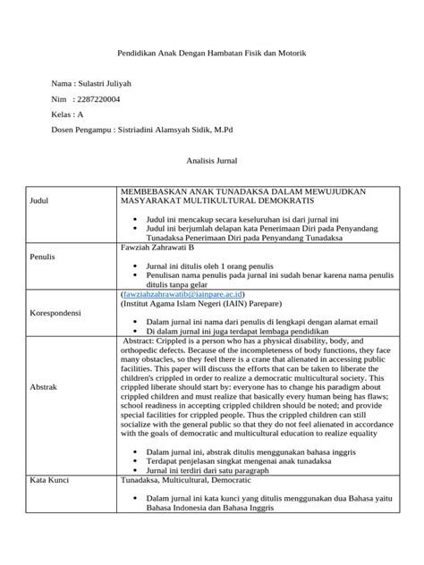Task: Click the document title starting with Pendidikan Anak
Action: coord(212,55)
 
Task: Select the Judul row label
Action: coord(41,202)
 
